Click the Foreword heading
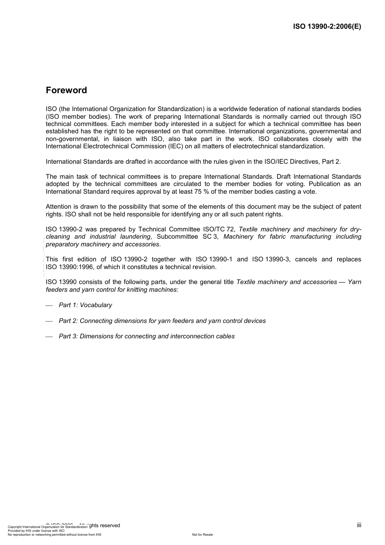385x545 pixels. pyautogui.click(x=66, y=90)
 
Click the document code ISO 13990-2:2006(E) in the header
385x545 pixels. pyautogui.click(x=327, y=27)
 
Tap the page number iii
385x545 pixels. pyautogui.click(x=359, y=525)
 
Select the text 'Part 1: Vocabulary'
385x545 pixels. pyautogui.click(x=85, y=305)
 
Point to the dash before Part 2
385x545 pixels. pyautogui.click(x=49, y=321)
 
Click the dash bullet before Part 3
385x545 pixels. pyautogui.click(x=49, y=337)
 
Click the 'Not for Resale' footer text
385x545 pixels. pyautogui.click(x=202, y=534)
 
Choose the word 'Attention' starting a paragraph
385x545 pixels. pyautogui.click(x=59, y=207)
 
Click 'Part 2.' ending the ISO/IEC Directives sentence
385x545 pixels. pyautogui.click(x=331, y=162)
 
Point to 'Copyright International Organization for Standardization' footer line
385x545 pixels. pyautogui.click(x=47, y=527)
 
